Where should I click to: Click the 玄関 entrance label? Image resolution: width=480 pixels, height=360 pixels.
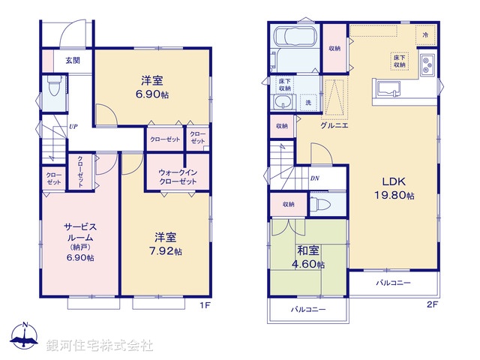point(73,61)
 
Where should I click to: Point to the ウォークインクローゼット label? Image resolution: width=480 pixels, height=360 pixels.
point(178,177)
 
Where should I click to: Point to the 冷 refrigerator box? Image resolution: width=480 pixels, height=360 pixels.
point(425,35)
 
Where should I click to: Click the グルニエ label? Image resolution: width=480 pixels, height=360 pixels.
point(333,127)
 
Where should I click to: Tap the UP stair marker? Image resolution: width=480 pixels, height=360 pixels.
point(73,127)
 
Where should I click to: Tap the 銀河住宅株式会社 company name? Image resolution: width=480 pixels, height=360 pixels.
point(100,346)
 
